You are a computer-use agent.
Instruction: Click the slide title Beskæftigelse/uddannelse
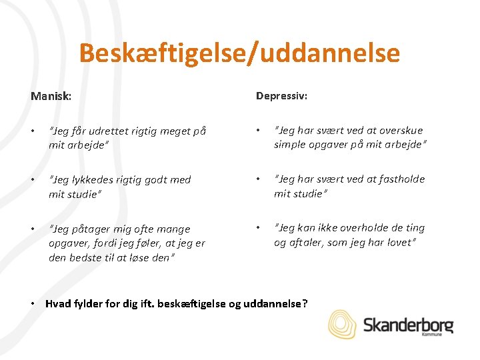tap(239, 53)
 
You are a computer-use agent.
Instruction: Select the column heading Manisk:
tap(51, 97)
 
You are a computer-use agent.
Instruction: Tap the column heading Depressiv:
tap(282, 95)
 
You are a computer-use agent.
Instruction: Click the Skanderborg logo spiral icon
tap(343, 324)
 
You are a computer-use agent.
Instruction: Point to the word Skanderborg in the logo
tap(408, 325)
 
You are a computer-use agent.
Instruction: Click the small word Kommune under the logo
tap(431, 335)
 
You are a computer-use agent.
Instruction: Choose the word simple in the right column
tap(291, 145)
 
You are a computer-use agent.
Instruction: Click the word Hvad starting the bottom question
tap(57, 304)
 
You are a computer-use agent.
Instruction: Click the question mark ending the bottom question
tap(305, 304)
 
